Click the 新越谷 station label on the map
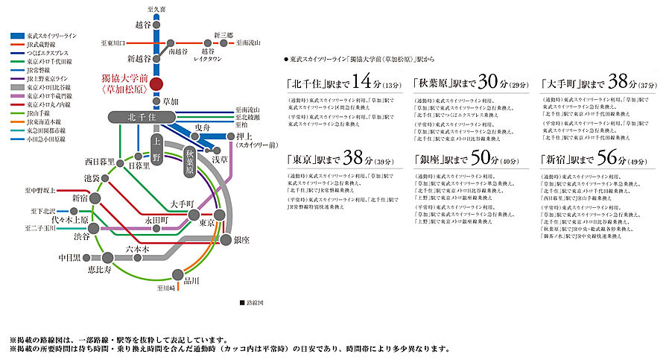point(139,58)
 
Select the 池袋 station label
point(92,179)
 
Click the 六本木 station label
point(138,250)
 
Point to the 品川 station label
point(191,281)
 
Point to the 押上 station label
point(247,136)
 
